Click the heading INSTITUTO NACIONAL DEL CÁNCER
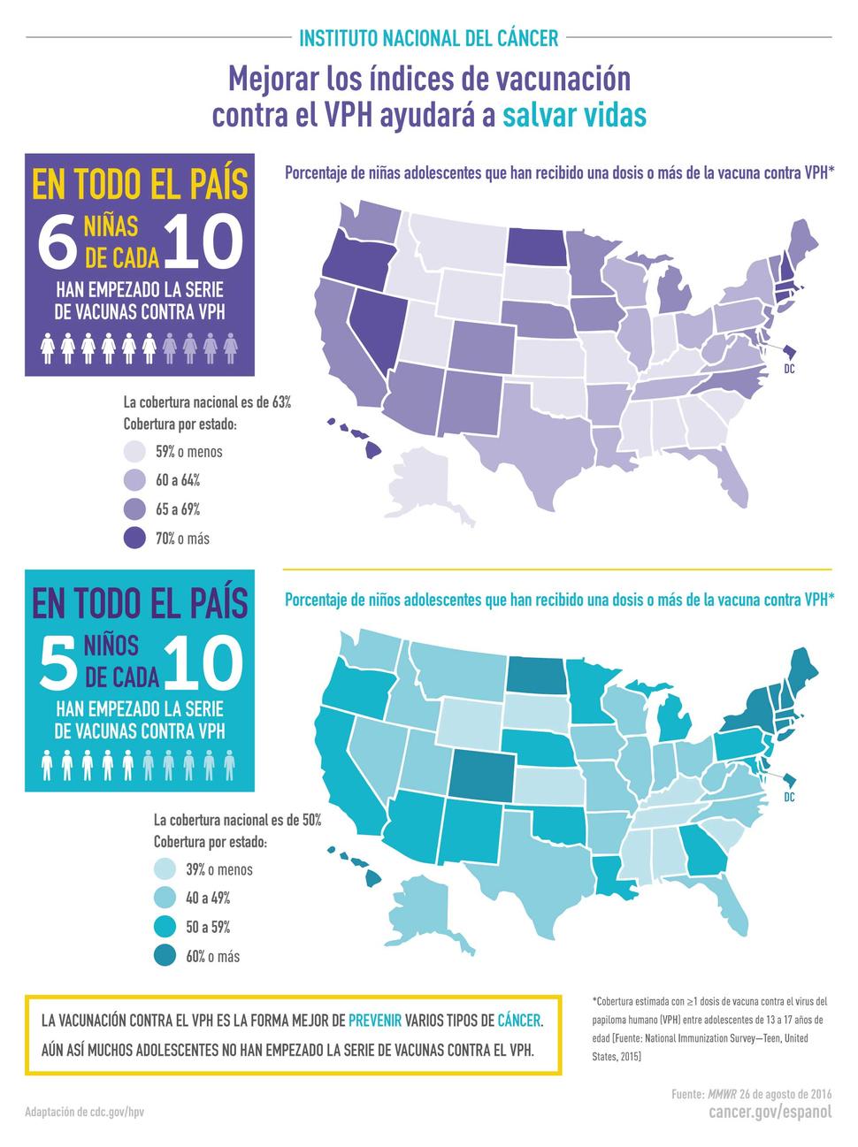[x=429, y=38]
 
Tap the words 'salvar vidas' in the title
[x=575, y=115]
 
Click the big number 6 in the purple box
[x=59, y=242]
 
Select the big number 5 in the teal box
[x=59, y=664]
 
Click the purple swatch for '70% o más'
[x=135, y=538]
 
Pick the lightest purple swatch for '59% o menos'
[x=135, y=451]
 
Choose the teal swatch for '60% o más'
[x=165, y=956]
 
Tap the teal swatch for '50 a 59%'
[x=165, y=927]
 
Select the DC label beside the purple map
[x=789, y=369]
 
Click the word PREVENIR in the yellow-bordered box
[x=375, y=1020]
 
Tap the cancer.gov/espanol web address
[x=770, y=1112]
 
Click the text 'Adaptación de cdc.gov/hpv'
[x=84, y=1111]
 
